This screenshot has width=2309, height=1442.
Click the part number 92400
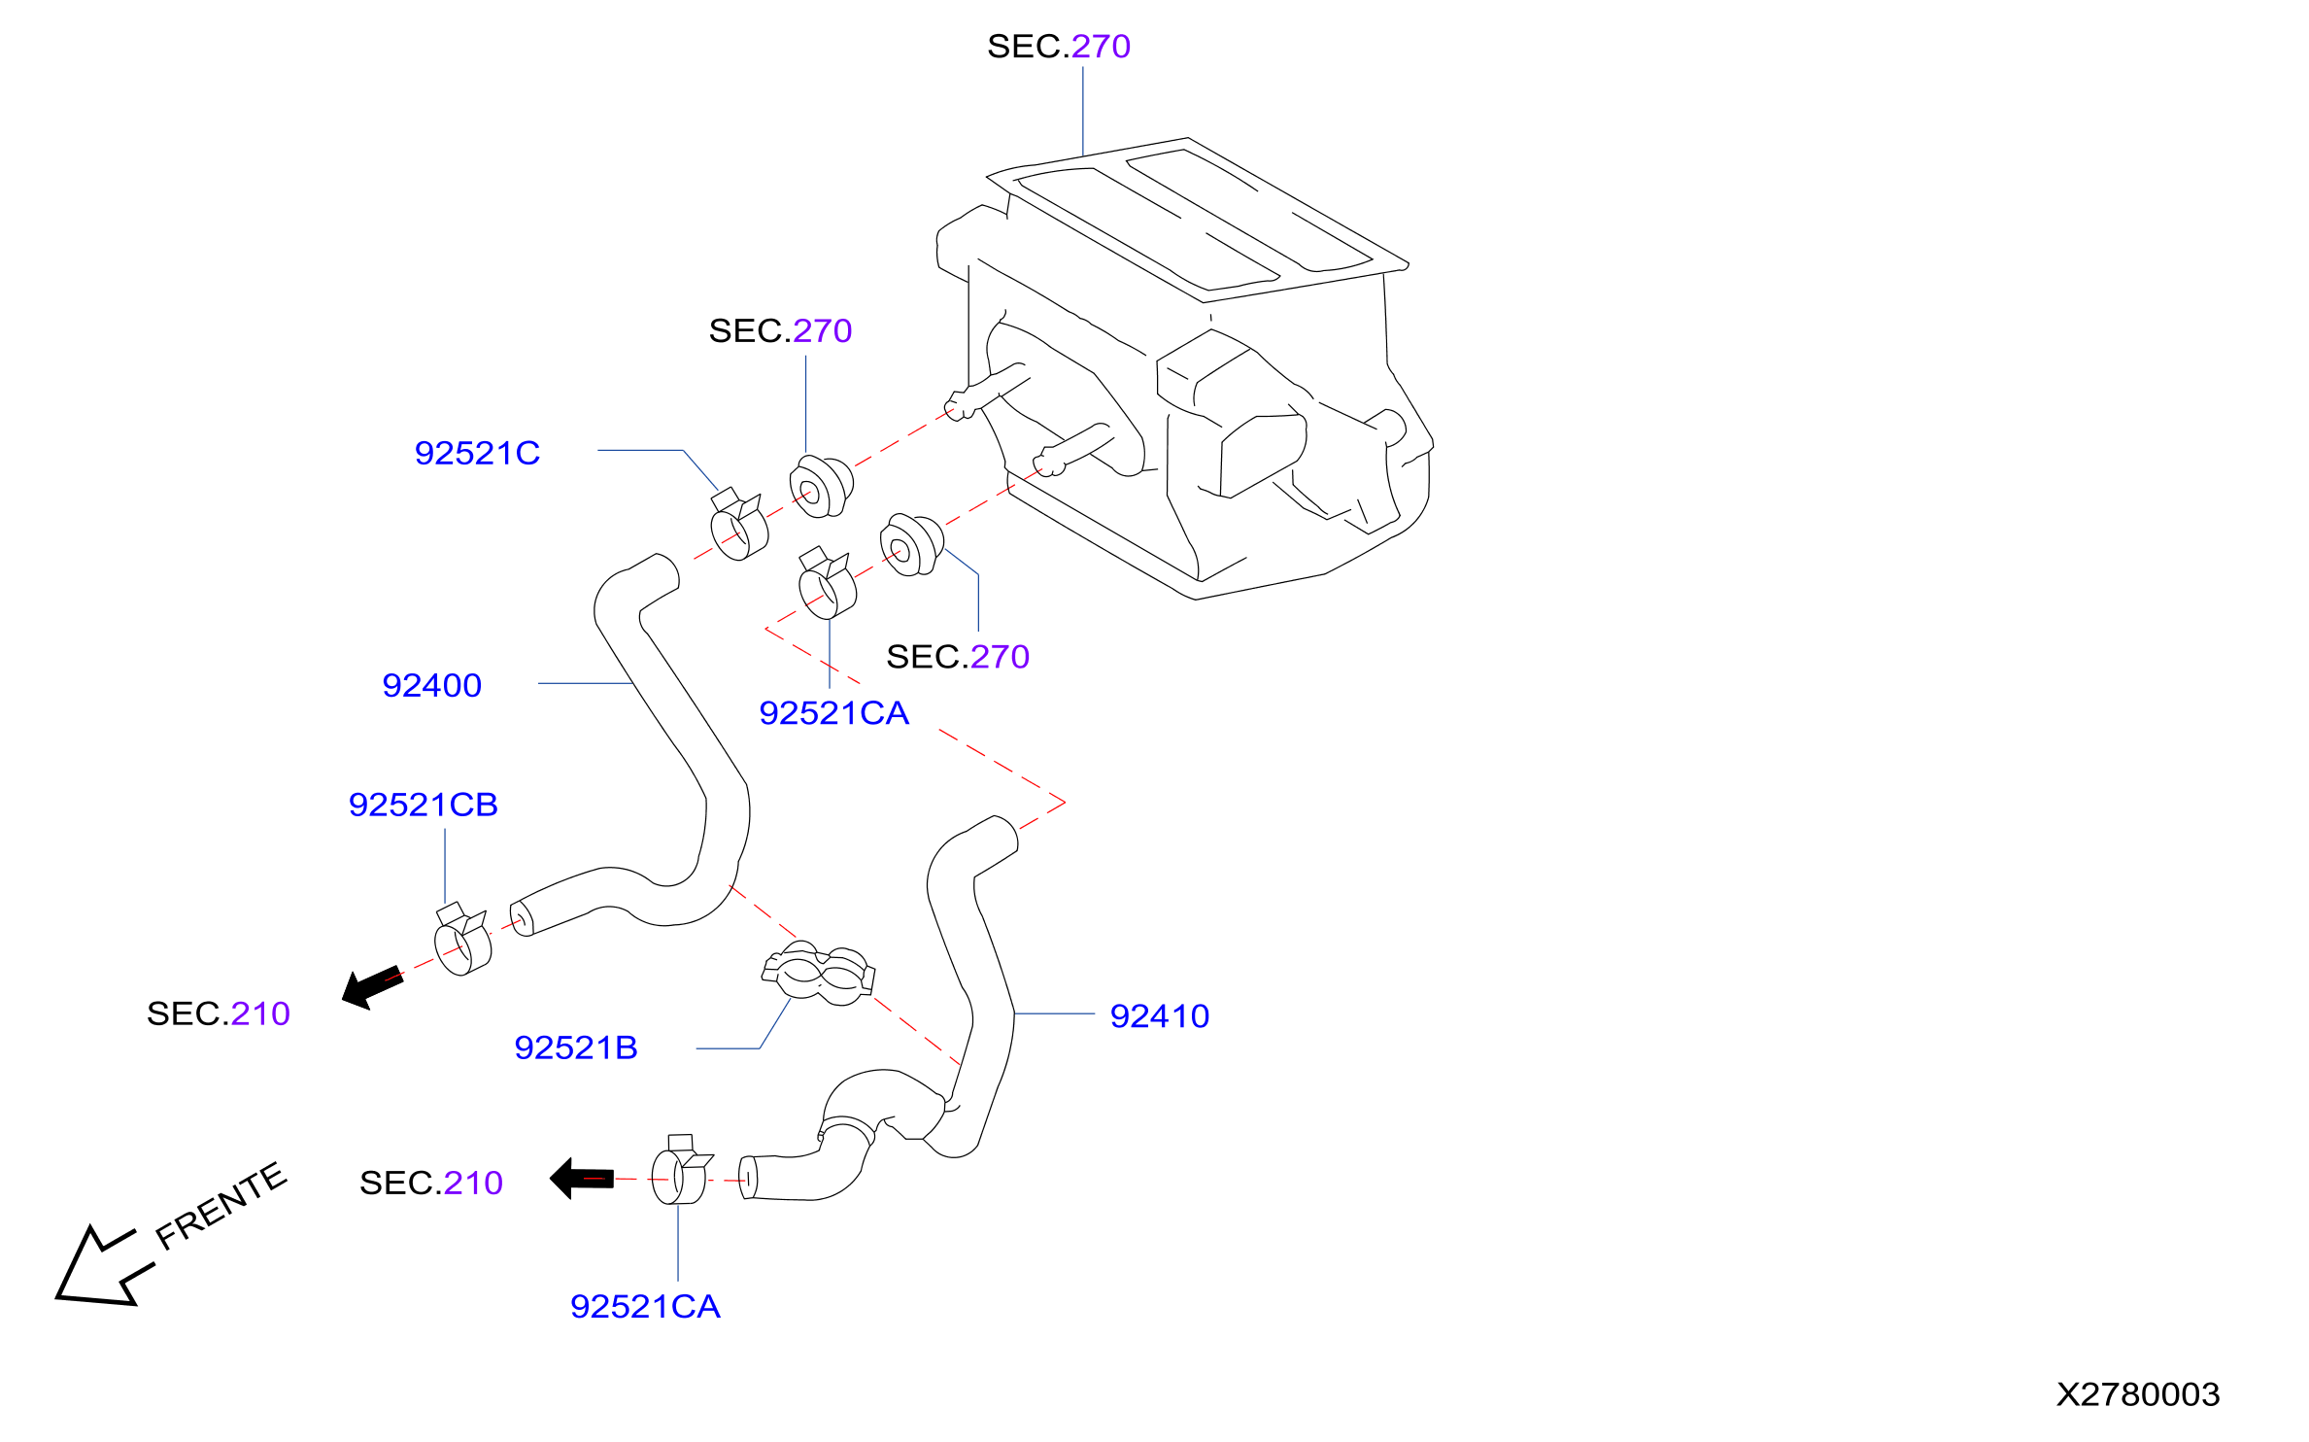coord(431,686)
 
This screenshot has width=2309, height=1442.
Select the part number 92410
coord(1160,1016)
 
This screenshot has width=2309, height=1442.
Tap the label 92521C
coord(477,454)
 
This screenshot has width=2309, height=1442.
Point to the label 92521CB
coord(424,806)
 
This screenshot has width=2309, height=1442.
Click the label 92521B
coord(576,1048)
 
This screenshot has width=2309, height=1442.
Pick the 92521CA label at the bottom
coord(645,1307)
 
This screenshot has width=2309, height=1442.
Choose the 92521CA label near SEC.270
coord(834,714)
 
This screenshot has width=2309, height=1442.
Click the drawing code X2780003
coord(2139,1395)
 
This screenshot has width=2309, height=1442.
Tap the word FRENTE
coord(221,1205)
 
